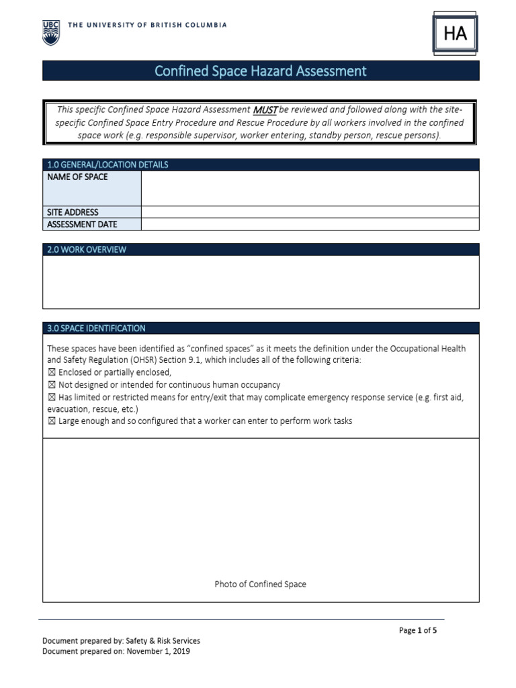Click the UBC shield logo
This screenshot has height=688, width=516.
pos(51,32)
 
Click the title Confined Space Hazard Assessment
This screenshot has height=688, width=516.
pos(261,71)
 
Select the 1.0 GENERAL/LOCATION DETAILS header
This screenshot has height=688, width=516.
pos(107,165)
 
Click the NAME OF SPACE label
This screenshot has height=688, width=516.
pos(77,177)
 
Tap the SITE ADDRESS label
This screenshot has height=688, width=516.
pos(73,212)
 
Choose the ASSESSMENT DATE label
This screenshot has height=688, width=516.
pos(81,224)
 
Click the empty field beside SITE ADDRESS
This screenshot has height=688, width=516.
pos(310,212)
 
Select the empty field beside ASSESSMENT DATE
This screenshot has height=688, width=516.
pos(310,224)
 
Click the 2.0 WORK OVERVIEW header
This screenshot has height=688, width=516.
pos(87,250)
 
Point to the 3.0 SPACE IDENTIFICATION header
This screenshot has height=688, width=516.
pos(96,329)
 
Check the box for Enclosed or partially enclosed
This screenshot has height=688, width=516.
pos(52,373)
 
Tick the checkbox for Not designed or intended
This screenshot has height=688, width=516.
pos(52,385)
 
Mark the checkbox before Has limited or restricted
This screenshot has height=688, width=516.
pos(52,397)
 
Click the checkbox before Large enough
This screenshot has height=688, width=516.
pos(52,421)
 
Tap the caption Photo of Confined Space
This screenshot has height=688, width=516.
pos(260,584)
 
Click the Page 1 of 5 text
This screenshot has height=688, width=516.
pos(418,630)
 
